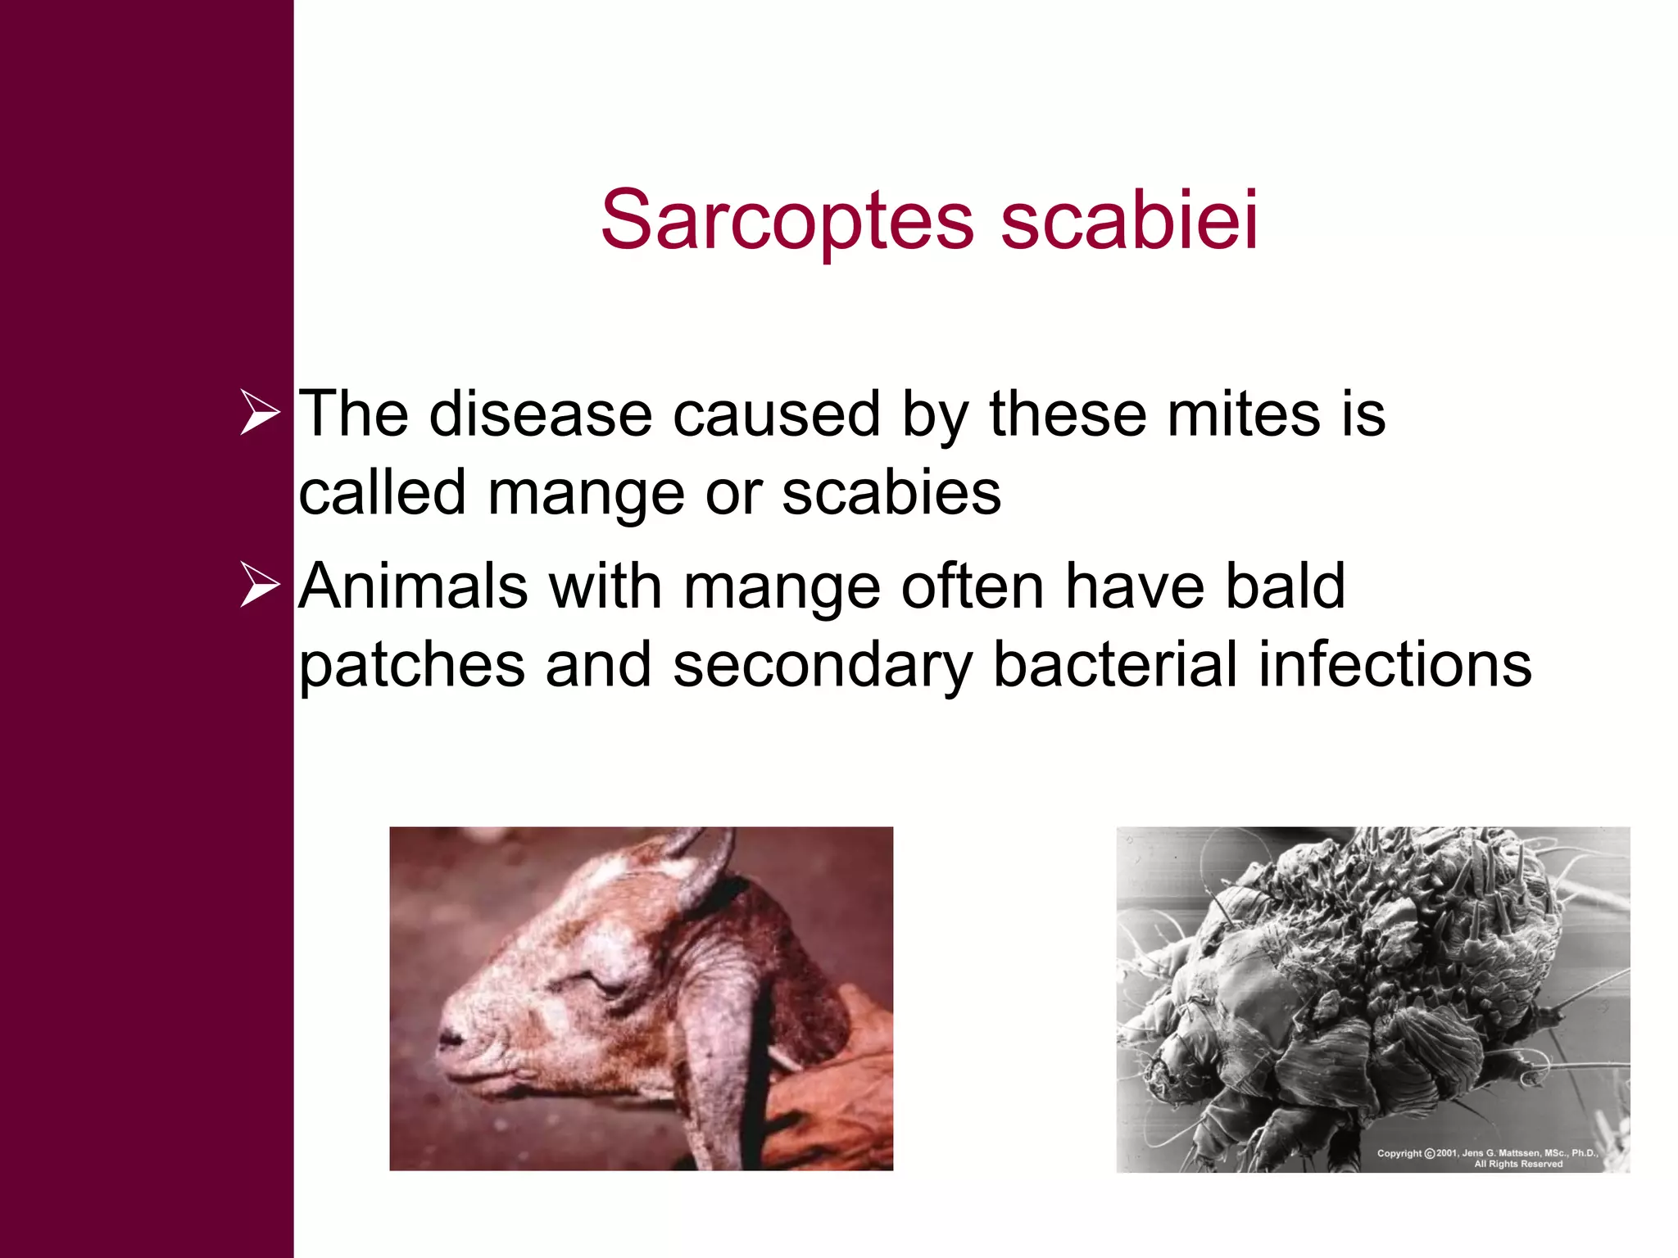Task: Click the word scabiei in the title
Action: pyautogui.click(x=1129, y=219)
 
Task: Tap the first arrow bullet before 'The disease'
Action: pyautogui.click(x=260, y=413)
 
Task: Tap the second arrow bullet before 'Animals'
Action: pyautogui.click(x=260, y=585)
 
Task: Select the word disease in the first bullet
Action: pyautogui.click(x=541, y=414)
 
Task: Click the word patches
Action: pyautogui.click(x=411, y=665)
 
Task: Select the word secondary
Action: pyautogui.click(x=822, y=665)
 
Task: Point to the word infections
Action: pyautogui.click(x=1395, y=664)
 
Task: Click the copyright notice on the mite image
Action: pyautogui.click(x=1486, y=1157)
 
